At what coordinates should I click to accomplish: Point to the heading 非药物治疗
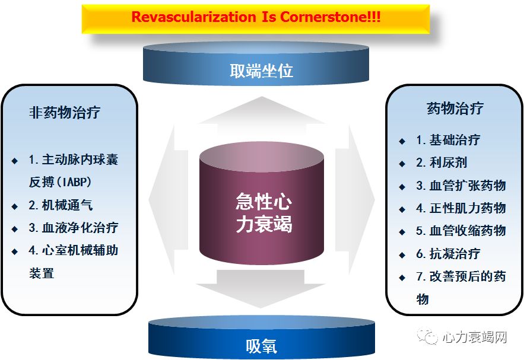[65, 113]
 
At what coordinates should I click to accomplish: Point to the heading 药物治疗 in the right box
[455, 109]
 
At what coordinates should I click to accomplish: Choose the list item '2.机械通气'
[61, 205]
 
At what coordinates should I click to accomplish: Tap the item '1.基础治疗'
[448, 140]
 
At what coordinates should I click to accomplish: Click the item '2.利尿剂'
[442, 163]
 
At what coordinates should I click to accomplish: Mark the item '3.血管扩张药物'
[461, 185]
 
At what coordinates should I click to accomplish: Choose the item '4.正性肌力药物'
[461, 208]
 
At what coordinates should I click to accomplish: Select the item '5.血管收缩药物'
[461, 230]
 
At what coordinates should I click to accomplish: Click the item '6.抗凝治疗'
[448, 254]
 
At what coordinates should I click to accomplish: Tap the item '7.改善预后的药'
[461, 276]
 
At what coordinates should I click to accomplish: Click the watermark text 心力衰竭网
[474, 337]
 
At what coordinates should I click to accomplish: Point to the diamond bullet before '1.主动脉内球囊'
[15, 161]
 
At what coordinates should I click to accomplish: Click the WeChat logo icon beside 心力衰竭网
[429, 337]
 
